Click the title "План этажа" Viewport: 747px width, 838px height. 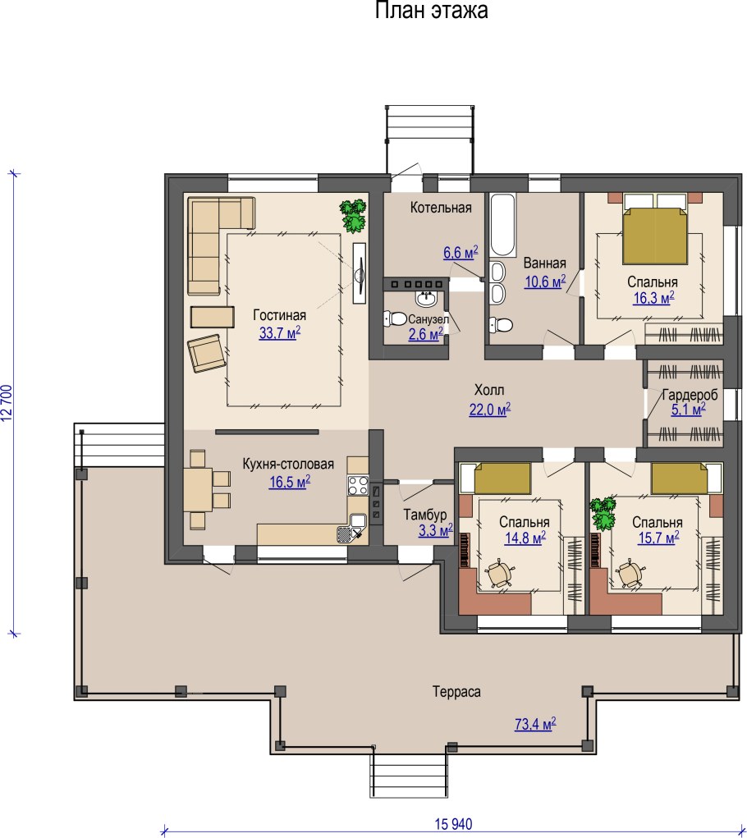(431, 10)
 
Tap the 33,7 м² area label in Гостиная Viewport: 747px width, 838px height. (279, 333)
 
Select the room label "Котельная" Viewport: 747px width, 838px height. (441, 208)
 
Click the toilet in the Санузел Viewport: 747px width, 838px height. (395, 319)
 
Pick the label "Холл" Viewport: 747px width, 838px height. (489, 390)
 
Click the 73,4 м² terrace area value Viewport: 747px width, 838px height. (535, 724)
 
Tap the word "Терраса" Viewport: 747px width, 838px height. (456, 692)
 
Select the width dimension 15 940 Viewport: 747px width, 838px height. (453, 824)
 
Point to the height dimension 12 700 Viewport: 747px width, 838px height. (7, 403)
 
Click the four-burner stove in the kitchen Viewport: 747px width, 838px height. (357, 485)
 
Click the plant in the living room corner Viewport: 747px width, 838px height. (353, 216)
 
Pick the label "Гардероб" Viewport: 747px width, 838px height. (690, 396)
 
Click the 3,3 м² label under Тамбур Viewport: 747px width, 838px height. (436, 531)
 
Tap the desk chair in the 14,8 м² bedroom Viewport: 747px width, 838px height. (500, 574)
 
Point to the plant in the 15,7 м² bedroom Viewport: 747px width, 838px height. (603, 513)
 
